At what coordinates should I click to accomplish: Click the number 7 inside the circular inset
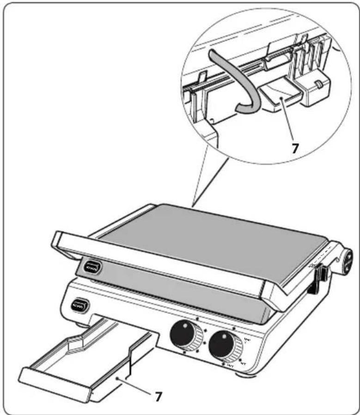(x=295, y=147)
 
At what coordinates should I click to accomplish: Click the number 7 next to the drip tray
(x=158, y=396)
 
